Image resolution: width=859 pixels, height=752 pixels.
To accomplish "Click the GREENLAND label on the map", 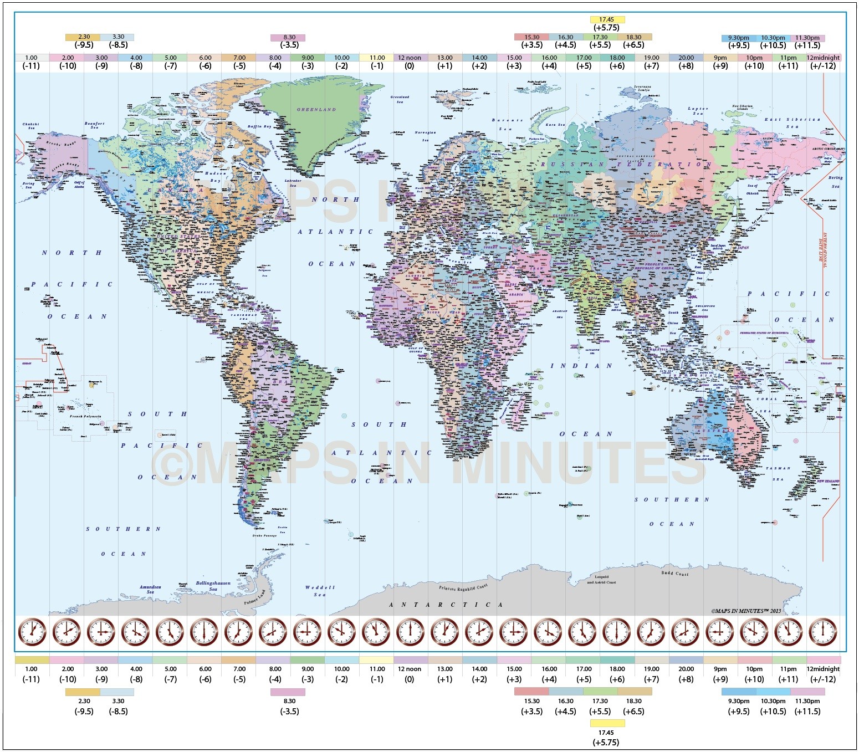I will (x=316, y=110).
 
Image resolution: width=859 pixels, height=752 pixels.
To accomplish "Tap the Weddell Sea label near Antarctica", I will (x=320, y=591).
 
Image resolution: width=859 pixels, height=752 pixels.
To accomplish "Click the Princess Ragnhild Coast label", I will (x=463, y=587).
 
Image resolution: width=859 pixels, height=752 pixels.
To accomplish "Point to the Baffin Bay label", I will (x=259, y=127).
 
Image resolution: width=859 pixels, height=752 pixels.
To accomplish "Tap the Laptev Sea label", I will (x=698, y=111).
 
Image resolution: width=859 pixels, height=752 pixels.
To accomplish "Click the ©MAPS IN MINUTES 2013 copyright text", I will (x=745, y=611).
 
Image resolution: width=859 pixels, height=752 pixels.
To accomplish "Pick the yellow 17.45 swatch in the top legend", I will (x=607, y=19).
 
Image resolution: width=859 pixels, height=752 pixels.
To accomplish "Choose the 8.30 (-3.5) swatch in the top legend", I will (x=288, y=38).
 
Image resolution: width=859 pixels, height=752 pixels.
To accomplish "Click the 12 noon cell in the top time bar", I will (x=410, y=58).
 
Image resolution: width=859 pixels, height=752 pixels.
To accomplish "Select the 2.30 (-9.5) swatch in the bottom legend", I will (x=83, y=692).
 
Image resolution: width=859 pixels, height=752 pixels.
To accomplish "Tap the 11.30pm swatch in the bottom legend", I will (x=807, y=692).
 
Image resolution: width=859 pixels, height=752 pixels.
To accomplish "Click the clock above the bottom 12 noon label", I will (x=410, y=632).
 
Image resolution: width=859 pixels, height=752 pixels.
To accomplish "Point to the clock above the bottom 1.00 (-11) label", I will (x=32, y=632).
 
